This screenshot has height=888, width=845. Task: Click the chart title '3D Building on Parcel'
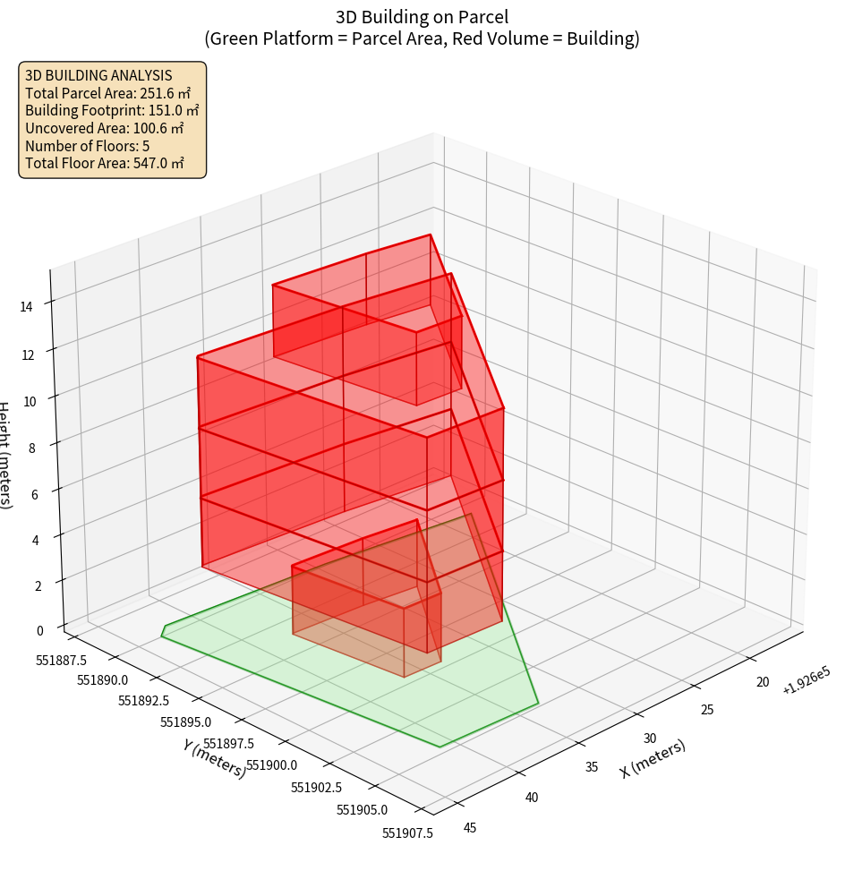tap(422, 17)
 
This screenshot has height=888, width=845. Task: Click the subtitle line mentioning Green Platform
tap(422, 38)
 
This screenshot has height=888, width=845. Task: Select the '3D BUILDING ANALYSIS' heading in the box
tap(98, 76)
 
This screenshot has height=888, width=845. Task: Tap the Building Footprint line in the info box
tap(111, 111)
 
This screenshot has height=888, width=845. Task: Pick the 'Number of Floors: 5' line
tap(87, 146)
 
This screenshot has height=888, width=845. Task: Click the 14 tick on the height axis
tap(27, 307)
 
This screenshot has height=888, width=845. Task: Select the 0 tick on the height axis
tap(39, 630)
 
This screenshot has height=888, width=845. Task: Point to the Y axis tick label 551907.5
tap(408, 833)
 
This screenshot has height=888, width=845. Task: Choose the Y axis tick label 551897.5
tap(228, 744)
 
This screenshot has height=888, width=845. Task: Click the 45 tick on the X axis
tap(470, 827)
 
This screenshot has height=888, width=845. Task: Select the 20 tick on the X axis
tap(763, 682)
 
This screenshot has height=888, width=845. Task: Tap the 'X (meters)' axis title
tap(653, 759)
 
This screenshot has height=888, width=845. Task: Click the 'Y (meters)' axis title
tap(214, 758)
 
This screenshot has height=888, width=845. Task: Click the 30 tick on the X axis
tap(649, 739)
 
